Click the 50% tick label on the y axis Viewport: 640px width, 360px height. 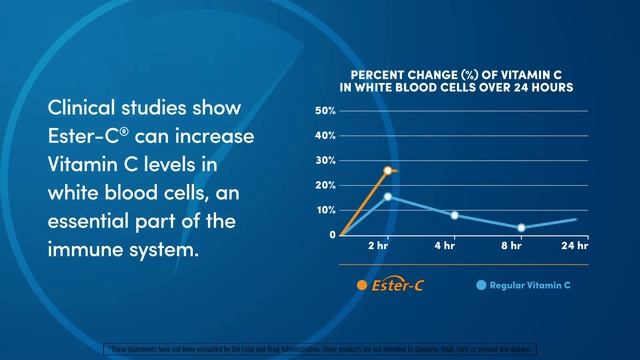324,110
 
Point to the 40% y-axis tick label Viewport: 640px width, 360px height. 324,135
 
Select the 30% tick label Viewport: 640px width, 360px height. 324,160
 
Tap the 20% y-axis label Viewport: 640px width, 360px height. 324,185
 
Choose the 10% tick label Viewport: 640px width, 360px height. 324,210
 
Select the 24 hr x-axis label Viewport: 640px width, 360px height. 575,246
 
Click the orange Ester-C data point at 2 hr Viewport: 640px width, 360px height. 388,170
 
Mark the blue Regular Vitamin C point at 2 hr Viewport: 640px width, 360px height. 388,196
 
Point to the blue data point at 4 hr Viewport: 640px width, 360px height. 454,215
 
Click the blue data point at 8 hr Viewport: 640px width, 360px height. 521,228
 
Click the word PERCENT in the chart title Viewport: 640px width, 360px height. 376,75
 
